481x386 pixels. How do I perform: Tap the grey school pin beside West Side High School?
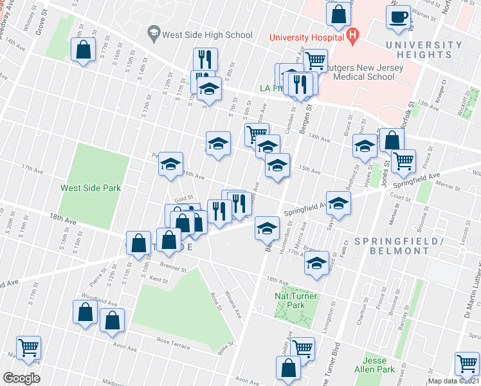coord(153,32)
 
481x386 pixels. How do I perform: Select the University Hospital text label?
coord(305,37)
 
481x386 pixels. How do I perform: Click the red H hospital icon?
coord(351,36)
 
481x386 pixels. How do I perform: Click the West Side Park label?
coord(91,188)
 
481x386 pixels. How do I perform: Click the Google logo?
coord(21,378)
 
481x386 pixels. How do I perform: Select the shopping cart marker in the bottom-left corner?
coord(29,348)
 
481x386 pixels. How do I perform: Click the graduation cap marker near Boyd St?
coord(316,263)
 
